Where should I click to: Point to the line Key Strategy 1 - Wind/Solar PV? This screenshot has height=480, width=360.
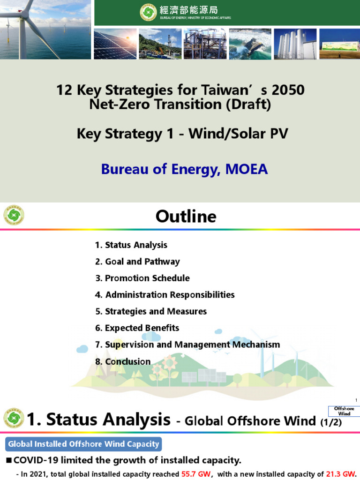[x=182, y=134]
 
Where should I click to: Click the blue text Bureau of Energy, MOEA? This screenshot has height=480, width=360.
[x=184, y=169]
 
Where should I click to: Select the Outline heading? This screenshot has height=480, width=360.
[x=186, y=216]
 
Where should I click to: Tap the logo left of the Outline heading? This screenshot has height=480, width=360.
[x=14, y=215]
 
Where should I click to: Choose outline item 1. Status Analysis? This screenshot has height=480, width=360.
[x=131, y=245]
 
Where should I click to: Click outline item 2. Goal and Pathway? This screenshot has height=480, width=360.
[x=137, y=262]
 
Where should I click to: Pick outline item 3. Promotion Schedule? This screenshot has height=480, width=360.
[x=142, y=278]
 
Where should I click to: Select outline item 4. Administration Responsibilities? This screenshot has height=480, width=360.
[x=165, y=295]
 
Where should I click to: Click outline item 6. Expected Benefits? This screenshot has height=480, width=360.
[x=137, y=328]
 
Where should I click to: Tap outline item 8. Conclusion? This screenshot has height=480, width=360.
[x=123, y=361]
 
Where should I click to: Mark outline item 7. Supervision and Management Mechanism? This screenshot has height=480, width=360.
[x=187, y=345]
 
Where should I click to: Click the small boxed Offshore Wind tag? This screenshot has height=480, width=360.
[x=344, y=411]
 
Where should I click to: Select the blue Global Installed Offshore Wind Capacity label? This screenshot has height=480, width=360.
[x=83, y=443]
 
